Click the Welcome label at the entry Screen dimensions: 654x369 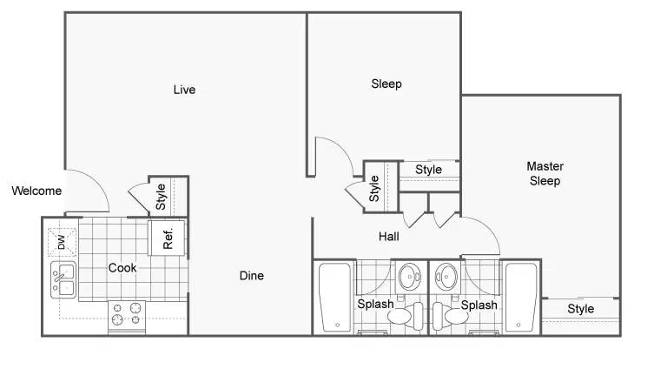click(x=36, y=191)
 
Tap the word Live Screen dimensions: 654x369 click(x=184, y=90)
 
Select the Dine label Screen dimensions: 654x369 click(x=252, y=275)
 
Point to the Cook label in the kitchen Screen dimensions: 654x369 click(x=122, y=267)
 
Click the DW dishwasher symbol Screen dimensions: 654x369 click(x=63, y=242)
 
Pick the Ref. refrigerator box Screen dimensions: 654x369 click(x=168, y=238)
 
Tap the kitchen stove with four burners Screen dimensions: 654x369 click(x=127, y=316)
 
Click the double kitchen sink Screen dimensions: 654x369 click(x=63, y=279)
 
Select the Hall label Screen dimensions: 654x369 click(x=389, y=237)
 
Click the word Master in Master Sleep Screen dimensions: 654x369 click(x=545, y=166)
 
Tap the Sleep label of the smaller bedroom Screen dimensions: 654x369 click(x=386, y=84)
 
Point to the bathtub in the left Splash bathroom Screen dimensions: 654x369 click(x=335, y=297)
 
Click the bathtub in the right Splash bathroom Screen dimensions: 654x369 click(x=520, y=297)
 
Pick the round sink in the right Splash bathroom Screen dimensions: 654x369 click(x=446, y=277)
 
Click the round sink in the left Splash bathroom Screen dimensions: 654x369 click(x=410, y=277)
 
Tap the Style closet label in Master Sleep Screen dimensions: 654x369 click(x=580, y=309)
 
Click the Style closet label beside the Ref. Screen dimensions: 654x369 click(x=161, y=197)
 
